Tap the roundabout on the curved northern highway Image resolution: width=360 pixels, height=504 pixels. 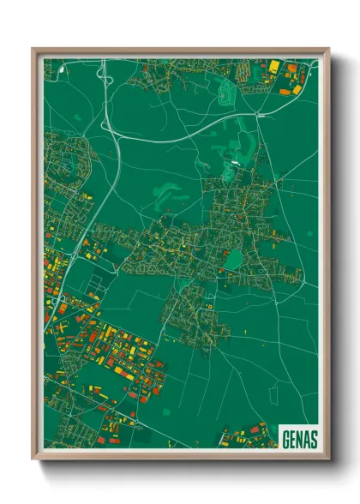[258, 113]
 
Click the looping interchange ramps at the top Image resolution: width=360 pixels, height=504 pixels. [105, 75]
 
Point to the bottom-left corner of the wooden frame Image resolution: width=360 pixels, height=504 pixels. [33, 459]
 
